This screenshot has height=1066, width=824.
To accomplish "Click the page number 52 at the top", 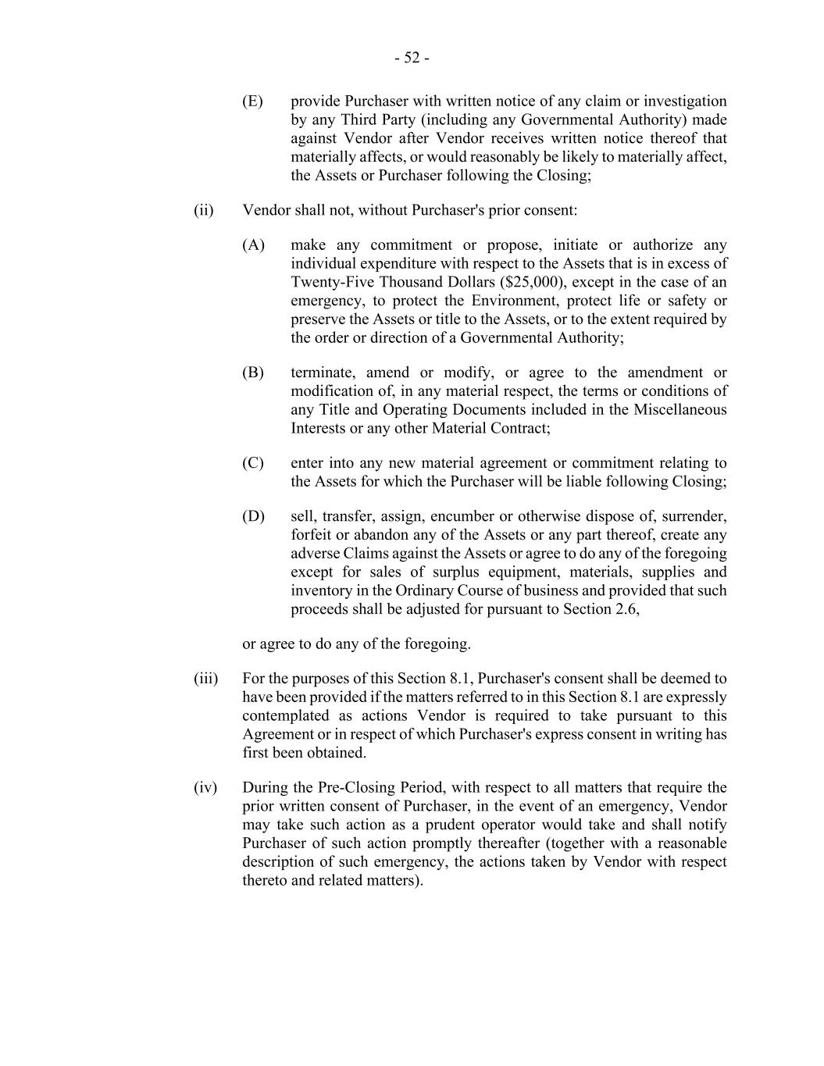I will click(412, 58).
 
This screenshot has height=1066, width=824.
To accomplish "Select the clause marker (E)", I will click(252, 102).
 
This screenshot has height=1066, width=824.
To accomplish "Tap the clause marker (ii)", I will click(204, 210).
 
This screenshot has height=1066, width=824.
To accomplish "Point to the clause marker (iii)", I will click(205, 679).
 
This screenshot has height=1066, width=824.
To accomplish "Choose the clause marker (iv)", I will click(205, 787).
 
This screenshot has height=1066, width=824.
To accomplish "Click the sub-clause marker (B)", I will click(253, 373).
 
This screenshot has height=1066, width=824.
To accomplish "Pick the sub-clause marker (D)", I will click(253, 516).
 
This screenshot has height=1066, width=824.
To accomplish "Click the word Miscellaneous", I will click(680, 410).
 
